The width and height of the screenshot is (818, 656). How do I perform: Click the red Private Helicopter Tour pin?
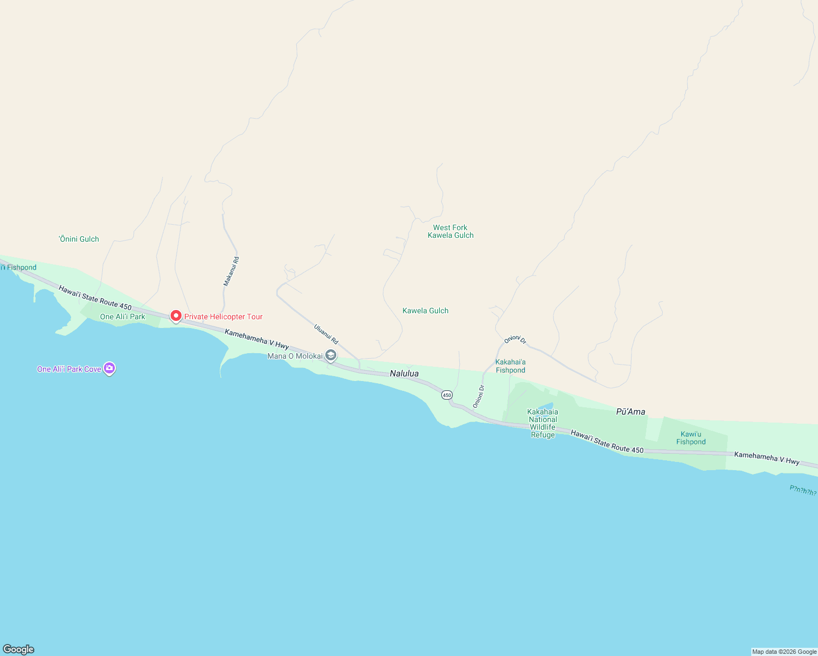(176, 316)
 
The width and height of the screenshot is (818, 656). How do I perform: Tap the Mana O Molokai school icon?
(330, 356)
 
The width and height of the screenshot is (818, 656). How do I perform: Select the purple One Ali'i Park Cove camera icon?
(109, 368)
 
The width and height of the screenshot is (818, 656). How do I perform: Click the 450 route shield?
(447, 395)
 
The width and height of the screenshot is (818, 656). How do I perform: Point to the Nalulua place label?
(404, 374)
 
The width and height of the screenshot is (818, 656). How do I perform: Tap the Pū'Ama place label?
(630, 412)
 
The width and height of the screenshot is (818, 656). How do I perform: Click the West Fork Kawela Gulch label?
(451, 232)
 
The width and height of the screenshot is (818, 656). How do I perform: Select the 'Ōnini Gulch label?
(79, 239)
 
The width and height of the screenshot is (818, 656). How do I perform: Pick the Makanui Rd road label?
(231, 272)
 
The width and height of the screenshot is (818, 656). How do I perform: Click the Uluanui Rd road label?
(326, 334)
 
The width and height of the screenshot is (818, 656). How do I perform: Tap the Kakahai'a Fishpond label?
(510, 366)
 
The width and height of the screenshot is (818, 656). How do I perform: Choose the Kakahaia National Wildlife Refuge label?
(542, 424)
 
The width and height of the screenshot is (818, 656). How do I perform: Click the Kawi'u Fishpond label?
(691, 438)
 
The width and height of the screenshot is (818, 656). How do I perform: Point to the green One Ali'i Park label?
(122, 317)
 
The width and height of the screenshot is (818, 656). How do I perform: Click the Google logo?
(19, 649)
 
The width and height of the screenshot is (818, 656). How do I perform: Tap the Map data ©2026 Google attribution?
(784, 652)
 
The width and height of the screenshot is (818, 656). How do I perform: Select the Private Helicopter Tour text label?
(223, 317)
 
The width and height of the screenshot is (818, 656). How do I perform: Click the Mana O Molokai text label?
(295, 356)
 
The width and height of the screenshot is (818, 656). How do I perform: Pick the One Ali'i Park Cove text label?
(69, 369)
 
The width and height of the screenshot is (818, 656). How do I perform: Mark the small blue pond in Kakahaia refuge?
(546, 406)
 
